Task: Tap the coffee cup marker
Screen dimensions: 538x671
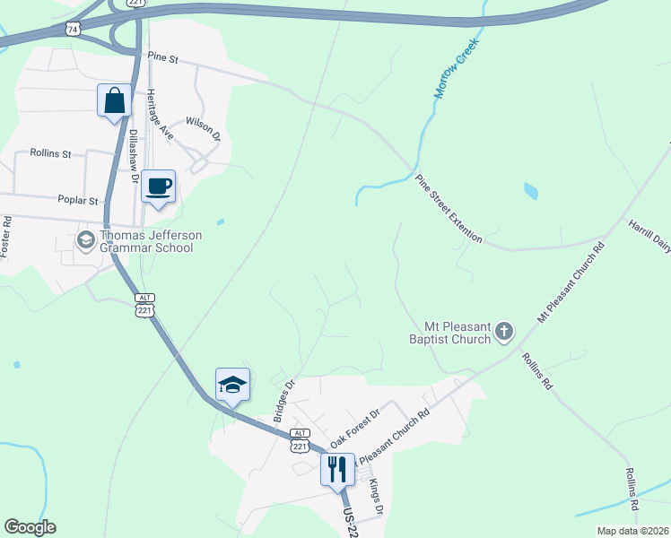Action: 159,187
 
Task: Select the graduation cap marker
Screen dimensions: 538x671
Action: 232,386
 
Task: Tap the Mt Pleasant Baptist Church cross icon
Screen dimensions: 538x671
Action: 504,333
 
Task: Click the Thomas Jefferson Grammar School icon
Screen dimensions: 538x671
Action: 85,240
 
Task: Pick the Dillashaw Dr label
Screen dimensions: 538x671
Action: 134,157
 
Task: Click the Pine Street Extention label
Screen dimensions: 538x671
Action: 449,209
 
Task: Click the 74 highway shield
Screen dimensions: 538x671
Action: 73,30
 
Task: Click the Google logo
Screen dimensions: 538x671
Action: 30,527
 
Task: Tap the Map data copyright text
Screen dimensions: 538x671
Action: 633,531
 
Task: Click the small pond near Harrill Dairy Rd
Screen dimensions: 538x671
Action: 530,191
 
